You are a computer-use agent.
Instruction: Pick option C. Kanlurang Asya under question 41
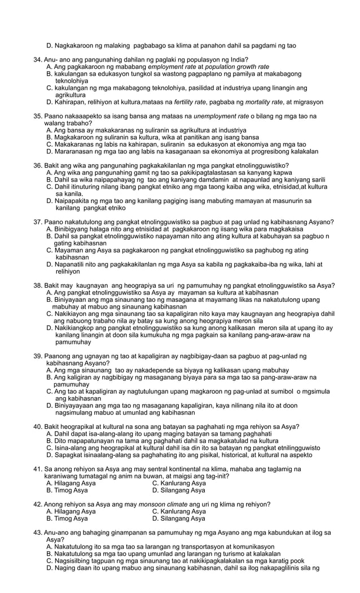[179, 483]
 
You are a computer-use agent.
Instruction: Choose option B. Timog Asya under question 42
[67, 518]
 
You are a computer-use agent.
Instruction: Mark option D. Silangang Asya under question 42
[179, 518]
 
